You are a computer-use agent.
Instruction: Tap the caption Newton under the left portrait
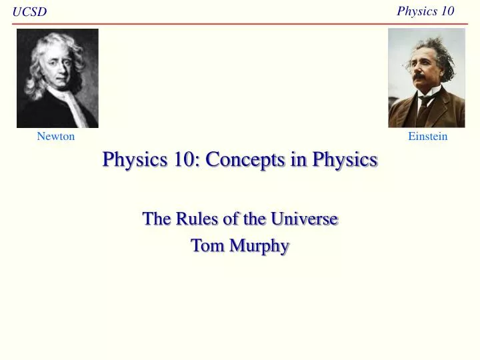pyautogui.click(x=56, y=137)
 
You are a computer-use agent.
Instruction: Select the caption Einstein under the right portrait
pyautogui.click(x=427, y=137)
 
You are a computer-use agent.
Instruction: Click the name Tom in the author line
pyautogui.click(x=206, y=245)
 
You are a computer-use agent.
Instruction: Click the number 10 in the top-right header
pyautogui.click(x=445, y=11)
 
